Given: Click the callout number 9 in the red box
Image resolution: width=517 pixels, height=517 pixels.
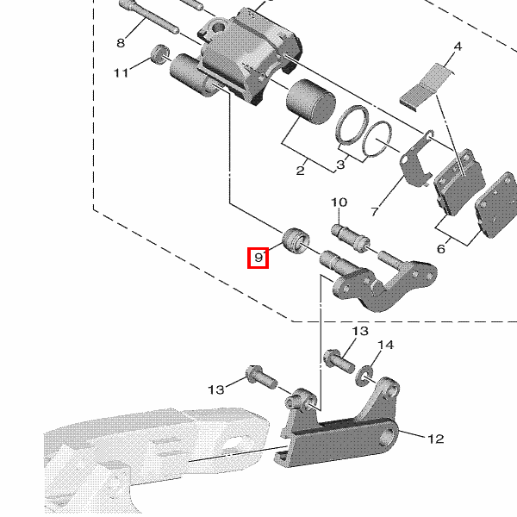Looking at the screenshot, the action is pos(258,257).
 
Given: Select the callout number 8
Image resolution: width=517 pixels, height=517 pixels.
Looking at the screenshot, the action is pos(121,43).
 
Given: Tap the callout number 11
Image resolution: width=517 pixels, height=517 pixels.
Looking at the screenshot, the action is pos(121,72).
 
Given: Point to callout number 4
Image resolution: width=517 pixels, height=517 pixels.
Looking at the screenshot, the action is pos(458,47).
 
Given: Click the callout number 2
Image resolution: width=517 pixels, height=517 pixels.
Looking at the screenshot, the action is pos(300,171).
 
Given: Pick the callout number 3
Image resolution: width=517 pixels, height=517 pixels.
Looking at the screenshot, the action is pos(340,164).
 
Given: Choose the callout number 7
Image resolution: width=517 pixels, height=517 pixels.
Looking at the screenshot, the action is pos(375,211).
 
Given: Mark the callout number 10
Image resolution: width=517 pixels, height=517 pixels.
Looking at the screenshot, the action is pos(339,202).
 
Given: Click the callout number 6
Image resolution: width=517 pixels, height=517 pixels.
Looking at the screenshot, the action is pos(441,248).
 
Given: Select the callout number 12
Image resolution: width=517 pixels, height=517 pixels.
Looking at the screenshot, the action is pos(435,439).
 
